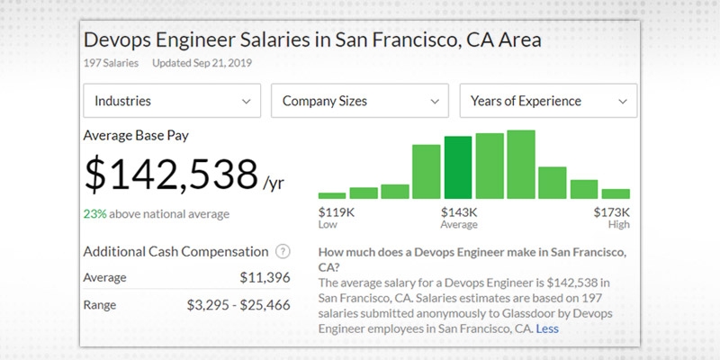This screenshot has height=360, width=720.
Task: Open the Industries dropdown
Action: pos(172,101)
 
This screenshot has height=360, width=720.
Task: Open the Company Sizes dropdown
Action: pos(360,101)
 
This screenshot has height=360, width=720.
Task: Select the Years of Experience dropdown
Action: pos(548,101)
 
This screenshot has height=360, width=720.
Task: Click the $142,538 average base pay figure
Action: pos(171,174)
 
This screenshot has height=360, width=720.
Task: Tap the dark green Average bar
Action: pos(458,167)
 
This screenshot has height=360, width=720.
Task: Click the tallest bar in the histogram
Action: pos(521,164)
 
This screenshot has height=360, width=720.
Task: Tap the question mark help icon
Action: pos(283,252)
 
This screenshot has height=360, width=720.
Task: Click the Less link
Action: pos(546,329)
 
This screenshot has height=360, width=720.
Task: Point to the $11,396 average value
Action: pos(265,277)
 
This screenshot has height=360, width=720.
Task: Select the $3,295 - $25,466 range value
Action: pos(238,305)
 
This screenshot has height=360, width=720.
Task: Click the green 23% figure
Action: pos(94,214)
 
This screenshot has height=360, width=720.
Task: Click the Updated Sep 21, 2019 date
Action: pos(202,63)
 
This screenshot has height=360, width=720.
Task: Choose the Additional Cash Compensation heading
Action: pos(175,252)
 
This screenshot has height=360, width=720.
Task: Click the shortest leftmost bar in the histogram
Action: pos(332,194)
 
